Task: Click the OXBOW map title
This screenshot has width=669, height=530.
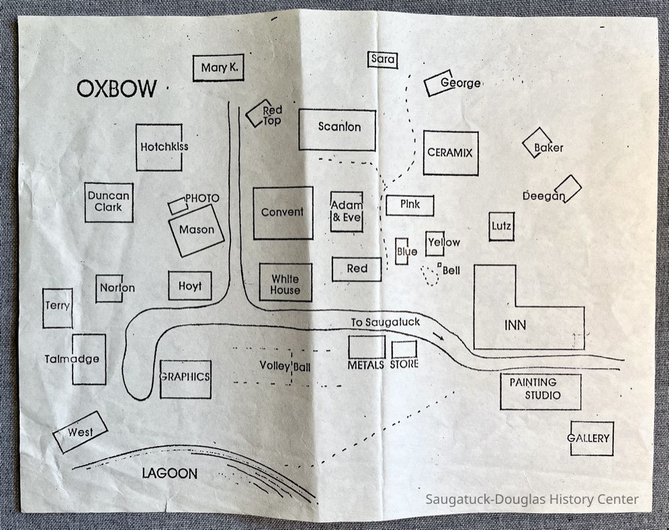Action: tap(116, 89)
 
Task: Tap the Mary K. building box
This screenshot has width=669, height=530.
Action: tap(218, 68)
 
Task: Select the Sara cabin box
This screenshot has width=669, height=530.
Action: tap(383, 60)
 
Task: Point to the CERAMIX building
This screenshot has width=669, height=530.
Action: tap(450, 153)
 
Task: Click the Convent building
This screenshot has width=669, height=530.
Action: tap(283, 212)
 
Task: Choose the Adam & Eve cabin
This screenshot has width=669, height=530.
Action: tap(347, 212)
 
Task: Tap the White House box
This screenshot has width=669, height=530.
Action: tap(285, 282)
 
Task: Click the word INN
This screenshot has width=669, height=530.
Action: tap(515, 326)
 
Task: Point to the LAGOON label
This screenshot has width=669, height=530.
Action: tap(170, 474)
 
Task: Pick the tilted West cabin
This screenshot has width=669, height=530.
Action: tap(81, 433)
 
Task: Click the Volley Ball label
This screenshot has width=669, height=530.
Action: tap(285, 366)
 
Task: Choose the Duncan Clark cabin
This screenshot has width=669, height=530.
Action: tap(109, 202)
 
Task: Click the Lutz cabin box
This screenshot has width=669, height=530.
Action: tap(501, 226)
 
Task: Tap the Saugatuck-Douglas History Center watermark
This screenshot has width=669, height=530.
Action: tap(532, 499)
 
